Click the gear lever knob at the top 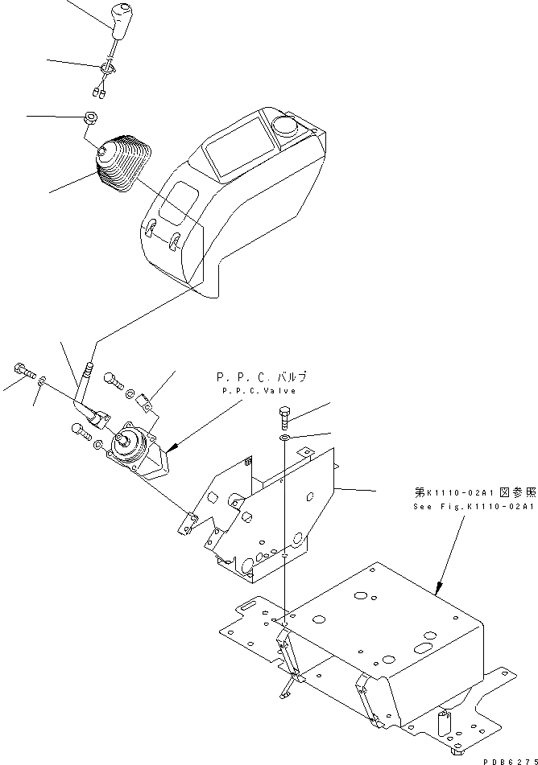(122, 21)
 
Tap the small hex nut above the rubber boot (91, 120)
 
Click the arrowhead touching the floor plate (440, 590)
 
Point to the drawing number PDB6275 (510, 759)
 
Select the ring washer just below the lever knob (108, 70)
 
